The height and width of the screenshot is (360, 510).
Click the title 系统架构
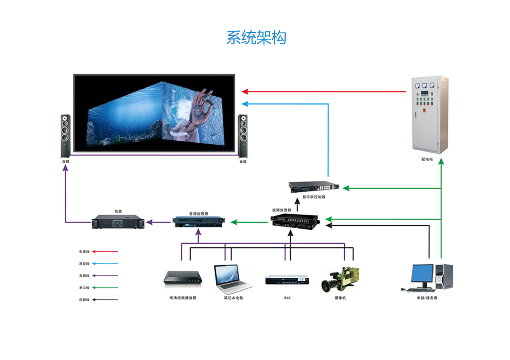click(256, 38)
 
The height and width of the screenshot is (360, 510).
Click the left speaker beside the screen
click(65, 136)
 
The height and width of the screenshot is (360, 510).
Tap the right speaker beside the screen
click(243, 136)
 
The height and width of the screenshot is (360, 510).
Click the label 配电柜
click(427, 159)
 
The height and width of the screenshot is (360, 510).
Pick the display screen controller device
click(313, 186)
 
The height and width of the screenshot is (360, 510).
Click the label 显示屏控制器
click(314, 197)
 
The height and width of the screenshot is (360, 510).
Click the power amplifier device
click(118, 222)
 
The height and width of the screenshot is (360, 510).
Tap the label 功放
click(118, 212)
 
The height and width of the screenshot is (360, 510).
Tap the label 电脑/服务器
click(427, 298)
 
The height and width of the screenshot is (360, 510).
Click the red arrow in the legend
click(105, 252)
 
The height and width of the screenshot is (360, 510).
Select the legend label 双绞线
click(84, 264)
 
